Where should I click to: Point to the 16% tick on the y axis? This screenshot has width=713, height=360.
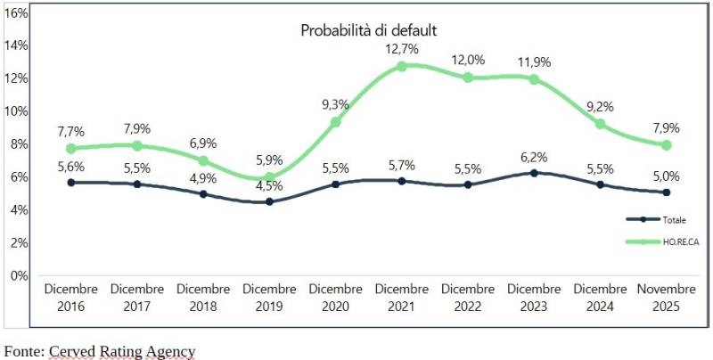[x=18, y=12]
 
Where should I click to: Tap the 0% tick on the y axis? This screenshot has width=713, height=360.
[x=20, y=275]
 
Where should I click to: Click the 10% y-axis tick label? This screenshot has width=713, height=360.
[x=18, y=111]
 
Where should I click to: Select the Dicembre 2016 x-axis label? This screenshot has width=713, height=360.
[x=70, y=298]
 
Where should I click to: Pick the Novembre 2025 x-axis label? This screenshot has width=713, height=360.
[x=667, y=298]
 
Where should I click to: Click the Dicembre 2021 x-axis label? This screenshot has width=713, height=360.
[x=402, y=298]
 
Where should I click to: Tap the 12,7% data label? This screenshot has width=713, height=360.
[x=402, y=49]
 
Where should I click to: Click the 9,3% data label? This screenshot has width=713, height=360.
[x=335, y=104]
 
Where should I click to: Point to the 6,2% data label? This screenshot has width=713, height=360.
[x=534, y=156]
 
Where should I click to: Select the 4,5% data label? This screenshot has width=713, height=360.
[x=269, y=186]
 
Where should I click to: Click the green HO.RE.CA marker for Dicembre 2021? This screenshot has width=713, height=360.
[x=402, y=66]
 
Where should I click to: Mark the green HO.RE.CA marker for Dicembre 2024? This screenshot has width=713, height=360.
[x=601, y=124]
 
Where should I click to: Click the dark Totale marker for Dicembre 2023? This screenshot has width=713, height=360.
[x=534, y=173]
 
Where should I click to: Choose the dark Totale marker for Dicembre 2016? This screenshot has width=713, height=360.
[x=70, y=183]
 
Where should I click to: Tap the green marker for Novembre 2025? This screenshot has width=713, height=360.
[x=667, y=145]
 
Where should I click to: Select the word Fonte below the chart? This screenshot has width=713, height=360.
[x=23, y=350]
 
